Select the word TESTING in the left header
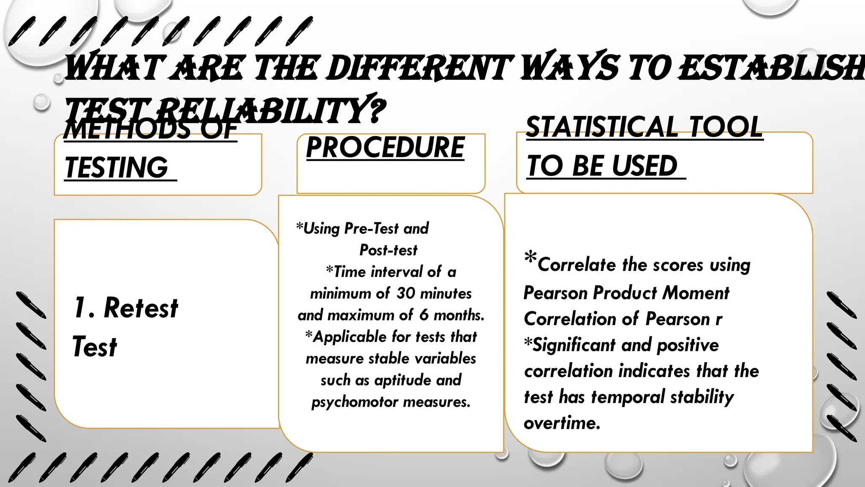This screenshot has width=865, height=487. (117, 167)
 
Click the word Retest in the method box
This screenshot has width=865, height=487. (141, 308)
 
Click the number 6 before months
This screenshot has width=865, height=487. (424, 315)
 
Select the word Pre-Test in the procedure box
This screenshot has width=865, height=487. (371, 229)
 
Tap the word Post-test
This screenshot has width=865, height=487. (388, 250)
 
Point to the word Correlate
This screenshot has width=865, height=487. (577, 265)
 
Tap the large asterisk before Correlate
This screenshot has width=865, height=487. (530, 257)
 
